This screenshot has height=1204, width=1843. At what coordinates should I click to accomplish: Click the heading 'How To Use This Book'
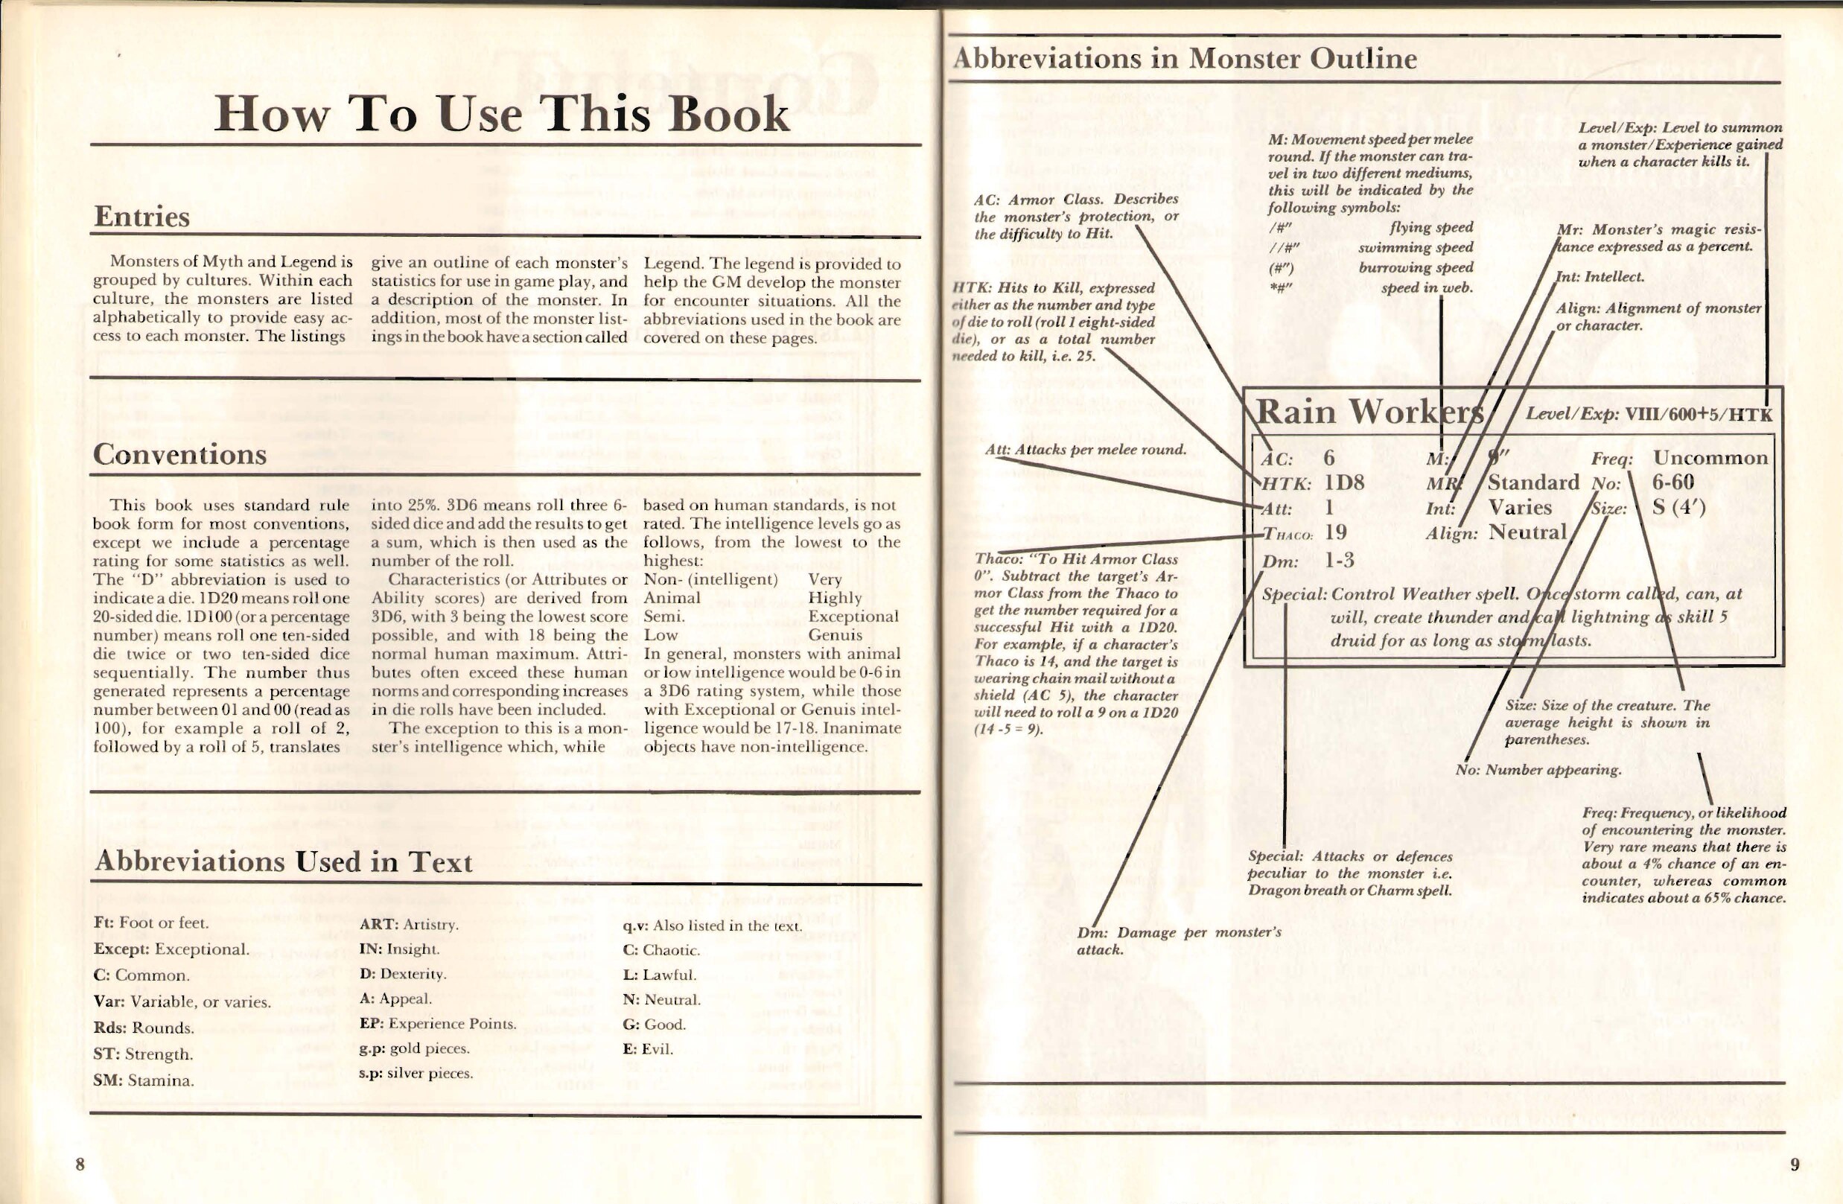click(501, 115)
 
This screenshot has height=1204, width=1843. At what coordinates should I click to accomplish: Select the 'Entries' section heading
click(141, 217)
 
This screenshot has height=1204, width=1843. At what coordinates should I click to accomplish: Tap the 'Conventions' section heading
click(179, 454)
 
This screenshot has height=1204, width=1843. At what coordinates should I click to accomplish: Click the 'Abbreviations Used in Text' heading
click(283, 861)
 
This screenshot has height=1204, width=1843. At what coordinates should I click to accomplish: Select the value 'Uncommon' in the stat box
click(1710, 458)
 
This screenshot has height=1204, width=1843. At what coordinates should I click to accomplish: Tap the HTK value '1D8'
click(1344, 482)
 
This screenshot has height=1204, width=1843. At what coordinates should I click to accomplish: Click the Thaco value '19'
click(1336, 532)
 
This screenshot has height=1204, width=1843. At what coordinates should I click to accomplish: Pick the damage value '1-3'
click(1339, 561)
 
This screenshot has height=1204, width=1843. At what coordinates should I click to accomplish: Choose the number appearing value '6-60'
click(1672, 482)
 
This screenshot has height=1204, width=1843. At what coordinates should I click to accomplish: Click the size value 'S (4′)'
click(1678, 507)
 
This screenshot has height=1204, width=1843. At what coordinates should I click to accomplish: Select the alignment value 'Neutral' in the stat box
click(1527, 532)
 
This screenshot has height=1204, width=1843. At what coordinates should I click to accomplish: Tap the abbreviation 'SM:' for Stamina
click(106, 1081)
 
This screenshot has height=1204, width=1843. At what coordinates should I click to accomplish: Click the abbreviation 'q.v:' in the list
click(636, 926)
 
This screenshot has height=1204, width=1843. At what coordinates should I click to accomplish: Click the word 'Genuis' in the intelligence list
click(835, 635)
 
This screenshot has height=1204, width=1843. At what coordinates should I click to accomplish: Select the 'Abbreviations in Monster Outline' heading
click(1185, 60)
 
